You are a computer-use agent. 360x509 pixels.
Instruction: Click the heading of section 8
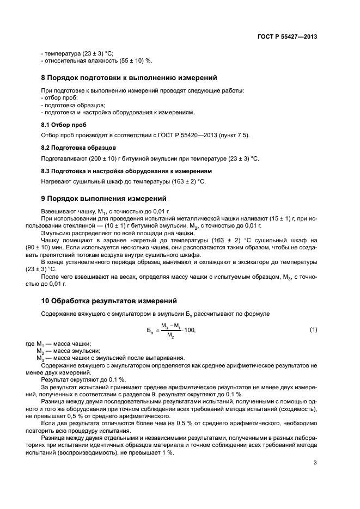130,78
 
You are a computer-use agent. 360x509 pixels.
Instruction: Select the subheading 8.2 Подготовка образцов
78,148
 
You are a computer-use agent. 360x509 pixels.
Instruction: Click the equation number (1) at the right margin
313,330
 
